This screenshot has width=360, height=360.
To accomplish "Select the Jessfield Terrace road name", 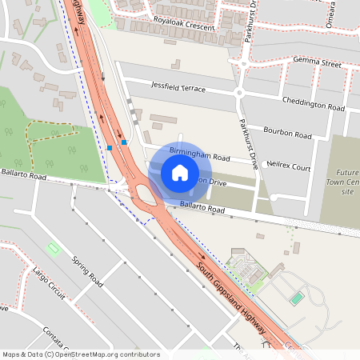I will click(x=178, y=88).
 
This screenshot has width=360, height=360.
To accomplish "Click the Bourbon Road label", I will click(x=288, y=134).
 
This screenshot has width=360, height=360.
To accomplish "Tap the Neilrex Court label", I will click(x=288, y=166).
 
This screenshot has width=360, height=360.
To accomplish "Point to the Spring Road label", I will click(x=88, y=272).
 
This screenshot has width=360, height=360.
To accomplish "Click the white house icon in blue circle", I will click(x=180, y=173).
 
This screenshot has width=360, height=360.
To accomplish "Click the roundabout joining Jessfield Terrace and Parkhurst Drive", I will click(x=239, y=94).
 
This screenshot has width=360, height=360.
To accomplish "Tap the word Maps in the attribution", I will click(x=12, y=354).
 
